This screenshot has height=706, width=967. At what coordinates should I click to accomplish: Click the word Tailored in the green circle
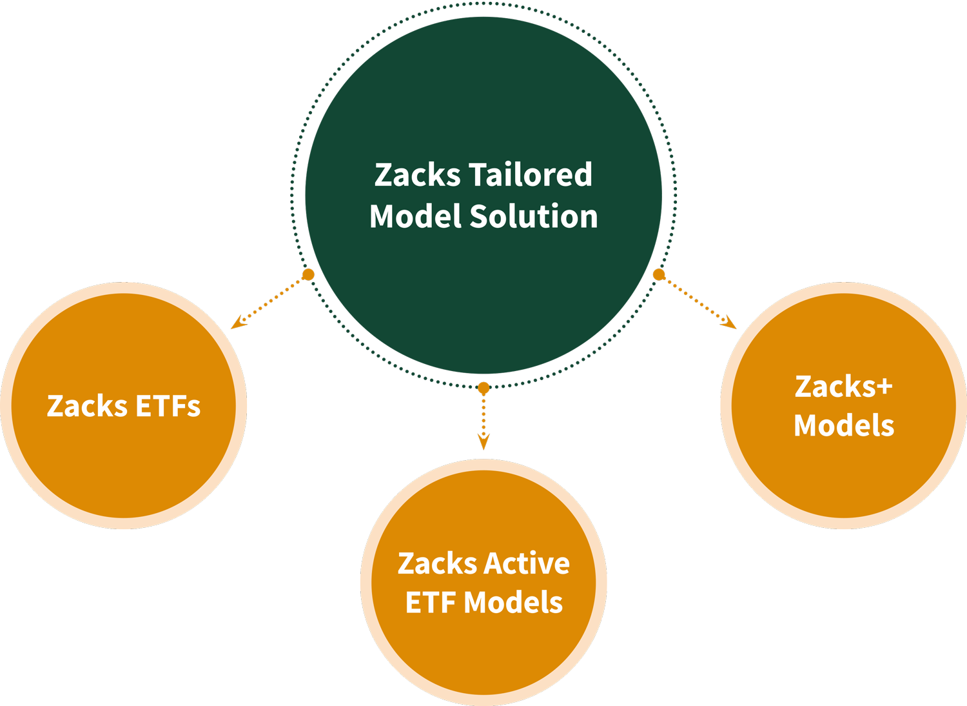coord(530,175)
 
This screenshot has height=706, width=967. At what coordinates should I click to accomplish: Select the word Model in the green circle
coord(415,216)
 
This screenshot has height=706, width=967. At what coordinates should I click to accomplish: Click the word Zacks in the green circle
coord(417,175)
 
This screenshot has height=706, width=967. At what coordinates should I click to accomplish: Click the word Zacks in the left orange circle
coord(87,407)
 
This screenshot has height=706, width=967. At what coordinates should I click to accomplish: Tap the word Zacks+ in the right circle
coord(843,387)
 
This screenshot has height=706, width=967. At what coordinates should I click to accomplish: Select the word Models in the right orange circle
coord(844,425)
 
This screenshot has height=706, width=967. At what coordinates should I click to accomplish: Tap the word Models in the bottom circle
coord(513,603)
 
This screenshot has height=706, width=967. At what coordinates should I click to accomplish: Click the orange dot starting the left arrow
coord(308,275)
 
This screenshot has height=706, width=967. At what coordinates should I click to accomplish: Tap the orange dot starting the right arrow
coord(658,275)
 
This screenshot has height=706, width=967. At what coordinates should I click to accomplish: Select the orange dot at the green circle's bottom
coord(484,388)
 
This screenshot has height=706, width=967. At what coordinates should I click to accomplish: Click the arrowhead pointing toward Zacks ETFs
coord(239,322)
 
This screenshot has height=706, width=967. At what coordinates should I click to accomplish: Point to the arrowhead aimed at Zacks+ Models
coord(729,323)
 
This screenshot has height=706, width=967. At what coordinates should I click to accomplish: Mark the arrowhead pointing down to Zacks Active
coord(484,443)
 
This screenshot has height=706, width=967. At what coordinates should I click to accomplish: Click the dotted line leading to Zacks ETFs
coord(274,298)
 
